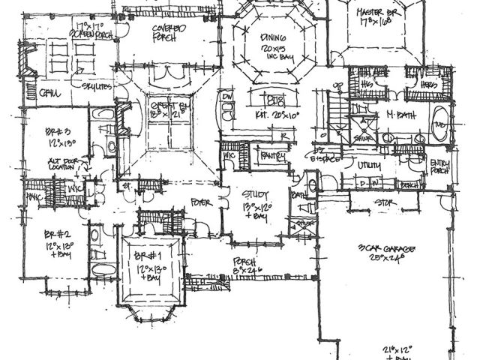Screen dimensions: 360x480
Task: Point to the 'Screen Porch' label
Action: point(92,34)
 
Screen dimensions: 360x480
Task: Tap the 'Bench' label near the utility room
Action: point(409,184)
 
